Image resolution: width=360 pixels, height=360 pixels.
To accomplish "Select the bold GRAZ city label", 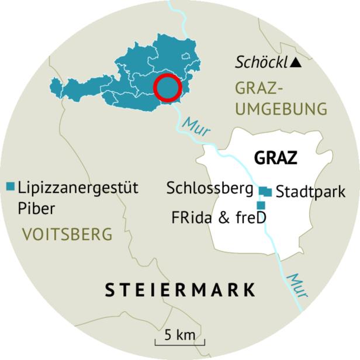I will pos(276,158).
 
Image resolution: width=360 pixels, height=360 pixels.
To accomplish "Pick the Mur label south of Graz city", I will pos(299,285).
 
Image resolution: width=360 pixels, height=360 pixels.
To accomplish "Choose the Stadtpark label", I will pos(310,191).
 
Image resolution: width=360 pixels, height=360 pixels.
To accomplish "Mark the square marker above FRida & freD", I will pos(261,205).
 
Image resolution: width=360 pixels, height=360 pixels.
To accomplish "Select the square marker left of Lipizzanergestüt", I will pos(10,187).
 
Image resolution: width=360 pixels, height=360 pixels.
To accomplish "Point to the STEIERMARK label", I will pos(180,289).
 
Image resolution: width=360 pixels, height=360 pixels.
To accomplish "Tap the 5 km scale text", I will pos(178,335).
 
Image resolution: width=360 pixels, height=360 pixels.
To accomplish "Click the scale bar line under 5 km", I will pos(178,344).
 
